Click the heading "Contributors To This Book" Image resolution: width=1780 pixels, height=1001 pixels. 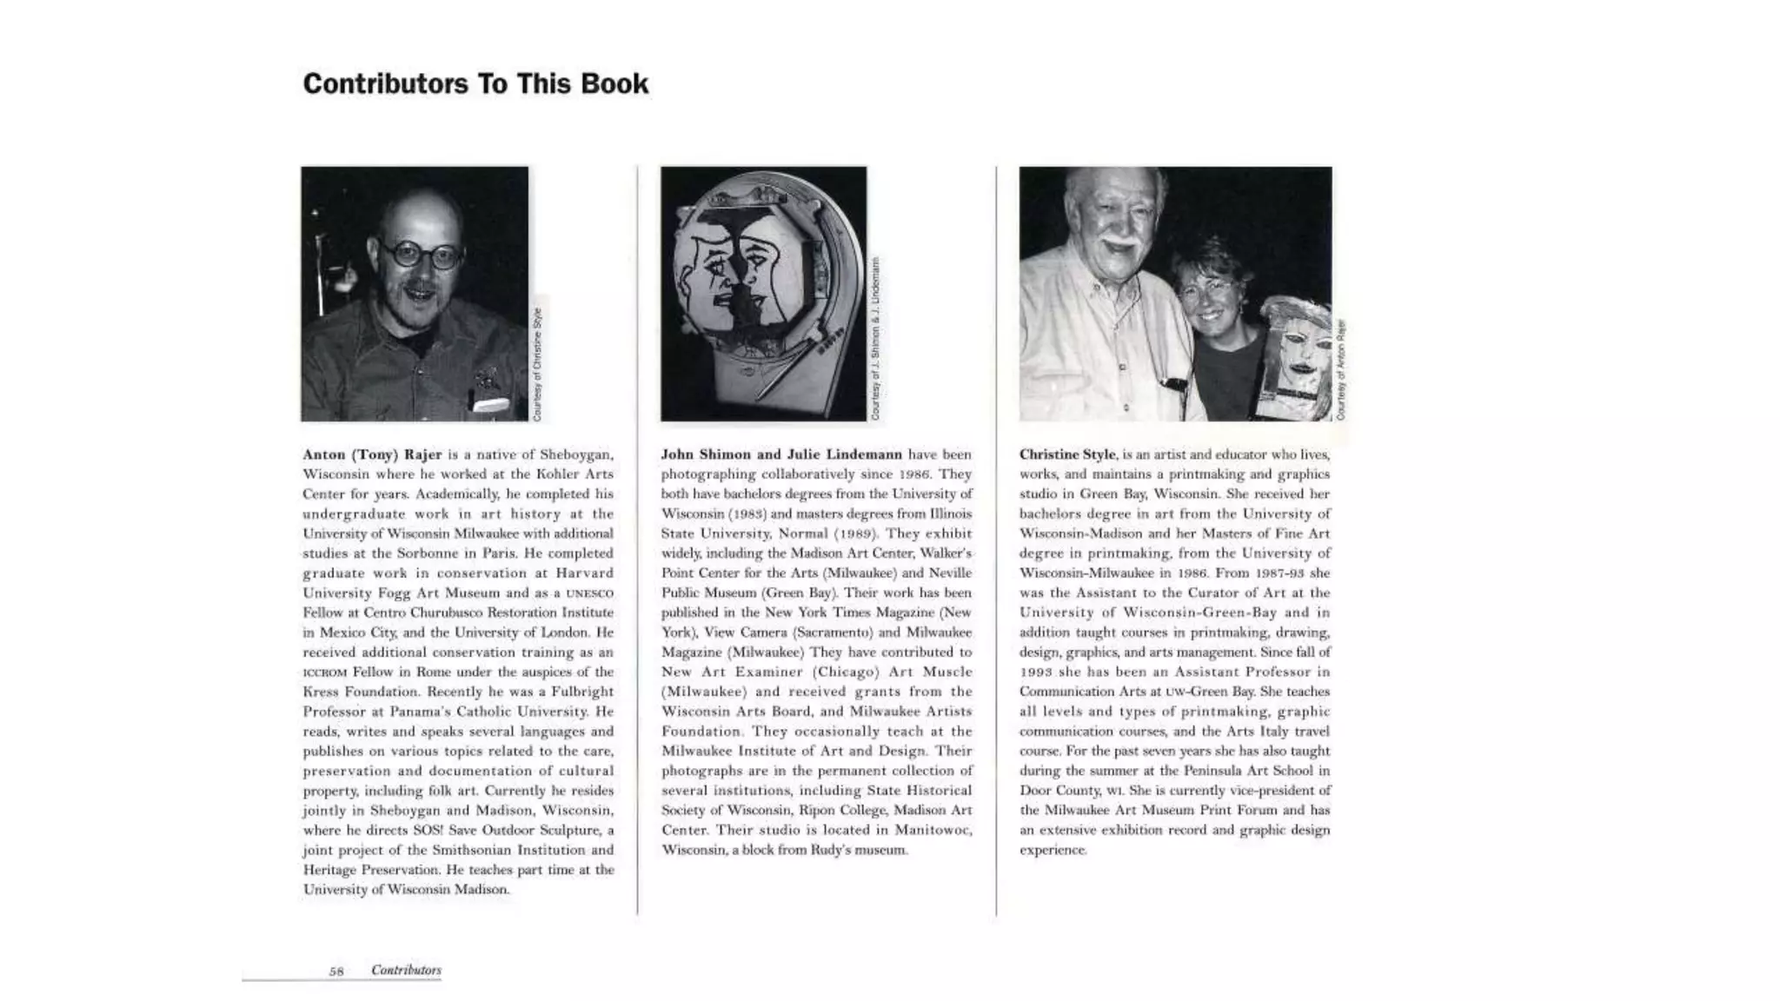[475, 84]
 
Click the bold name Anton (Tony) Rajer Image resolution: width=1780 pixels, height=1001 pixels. [372, 454]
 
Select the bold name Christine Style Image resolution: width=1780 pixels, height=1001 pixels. [1066, 454]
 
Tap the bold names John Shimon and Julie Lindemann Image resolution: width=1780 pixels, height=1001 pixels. [781, 454]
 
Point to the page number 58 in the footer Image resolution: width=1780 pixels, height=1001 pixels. [336, 971]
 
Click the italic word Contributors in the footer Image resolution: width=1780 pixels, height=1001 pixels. [406, 970]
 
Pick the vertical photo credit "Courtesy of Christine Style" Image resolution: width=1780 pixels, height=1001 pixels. [537, 364]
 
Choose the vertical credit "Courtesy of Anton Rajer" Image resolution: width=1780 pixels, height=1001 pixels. [1341, 369]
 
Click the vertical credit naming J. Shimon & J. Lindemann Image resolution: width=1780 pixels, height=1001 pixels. [875, 339]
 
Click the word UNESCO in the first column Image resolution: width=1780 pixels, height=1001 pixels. [589, 593]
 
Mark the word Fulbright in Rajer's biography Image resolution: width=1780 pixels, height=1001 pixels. [583, 692]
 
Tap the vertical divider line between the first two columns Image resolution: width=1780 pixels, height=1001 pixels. [637, 539]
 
